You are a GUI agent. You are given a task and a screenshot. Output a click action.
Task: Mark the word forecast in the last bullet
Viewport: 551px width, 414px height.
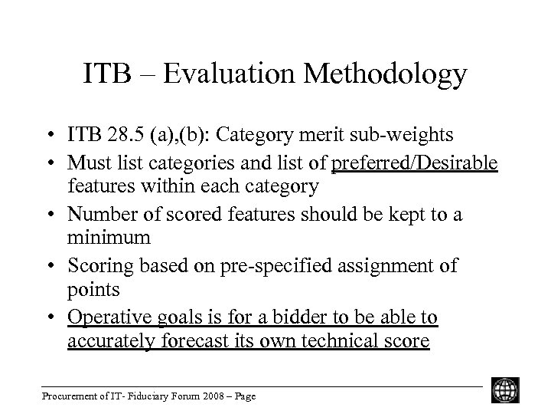point(201,341)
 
